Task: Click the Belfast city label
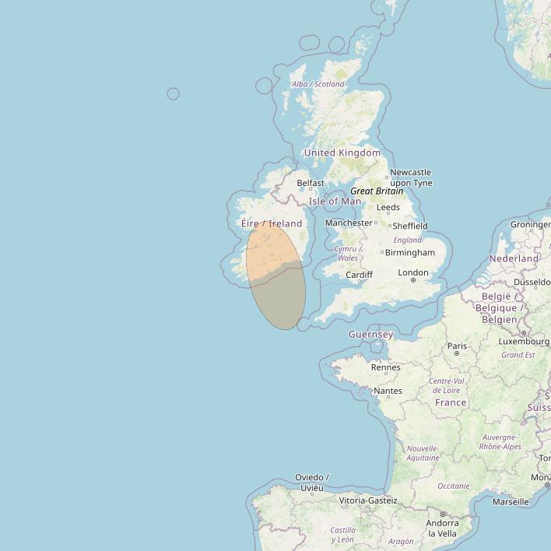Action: pos(310,184)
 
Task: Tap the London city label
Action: pos(412,272)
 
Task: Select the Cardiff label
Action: pos(359,275)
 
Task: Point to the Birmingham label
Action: pos(409,252)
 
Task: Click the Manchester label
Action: pos(349,223)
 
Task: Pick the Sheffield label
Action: pos(410,226)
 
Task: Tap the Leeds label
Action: pos(388,207)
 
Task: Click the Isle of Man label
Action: pos(335,202)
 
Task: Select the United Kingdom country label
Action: pos(342,153)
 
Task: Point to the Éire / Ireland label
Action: pos(272,223)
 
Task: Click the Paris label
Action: pos(457,346)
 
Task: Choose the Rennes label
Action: pos(386,367)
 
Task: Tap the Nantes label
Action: pos(388,391)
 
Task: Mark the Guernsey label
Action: pos(370,335)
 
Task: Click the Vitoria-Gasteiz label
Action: pos(368,500)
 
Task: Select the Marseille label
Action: pos(510,502)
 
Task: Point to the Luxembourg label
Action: pos(524,341)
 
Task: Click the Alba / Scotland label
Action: pos(318,84)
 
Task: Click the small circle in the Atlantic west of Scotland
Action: pos(173,94)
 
